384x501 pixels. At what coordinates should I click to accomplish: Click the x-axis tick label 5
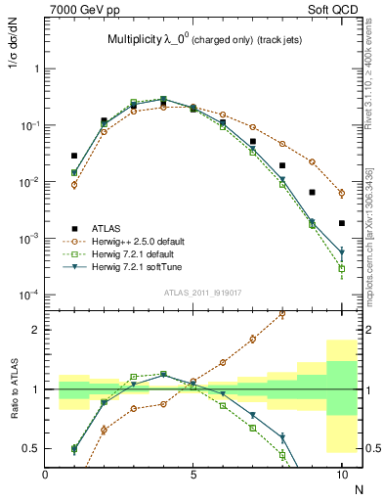pos(193,474)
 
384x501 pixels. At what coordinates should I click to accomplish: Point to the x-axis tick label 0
pos(46,474)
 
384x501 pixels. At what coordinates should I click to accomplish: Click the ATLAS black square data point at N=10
pos(341,223)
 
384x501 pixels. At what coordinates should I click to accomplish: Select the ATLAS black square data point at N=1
pos(74,156)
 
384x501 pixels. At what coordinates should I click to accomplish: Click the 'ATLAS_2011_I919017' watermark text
pos(193,292)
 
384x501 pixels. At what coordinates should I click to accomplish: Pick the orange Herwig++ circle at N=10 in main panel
pos(341,193)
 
